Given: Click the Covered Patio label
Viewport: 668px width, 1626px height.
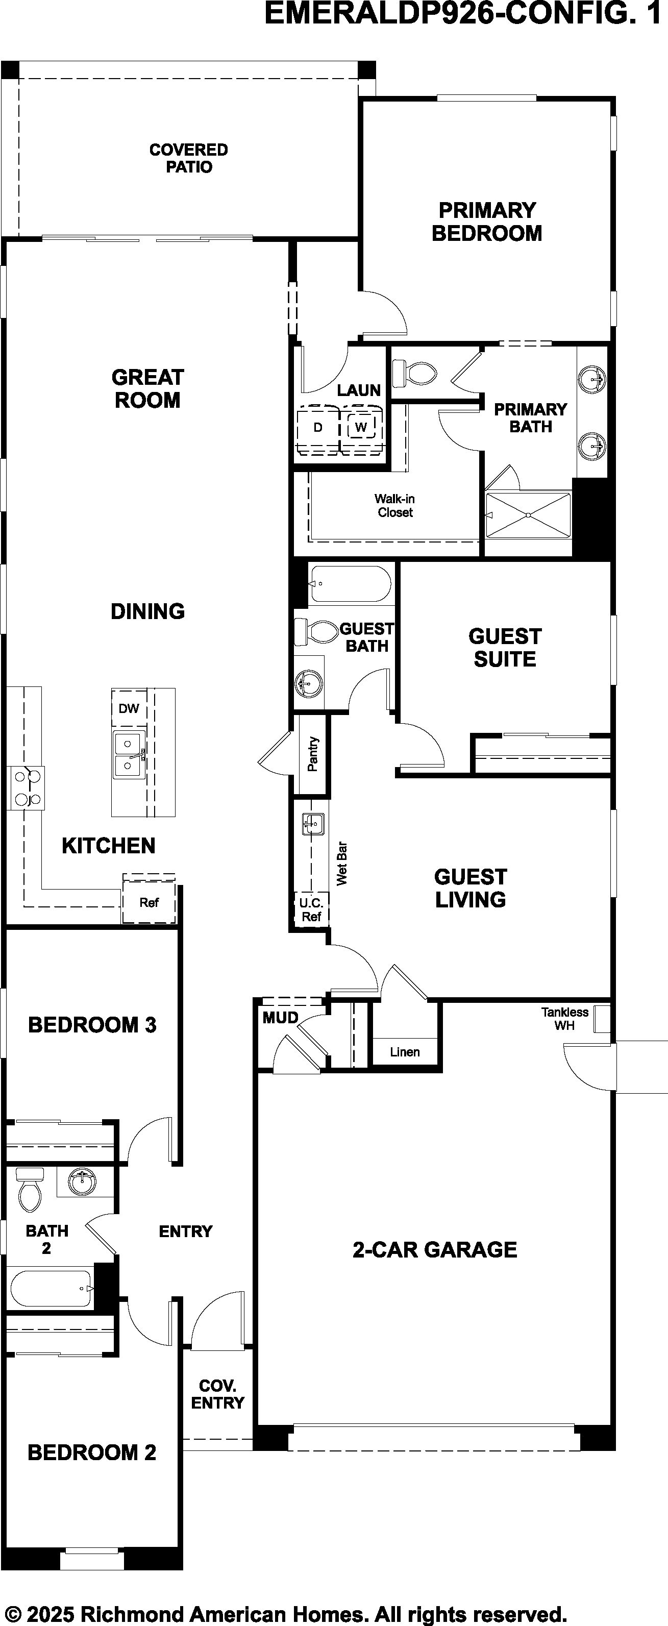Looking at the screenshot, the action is coord(189,158).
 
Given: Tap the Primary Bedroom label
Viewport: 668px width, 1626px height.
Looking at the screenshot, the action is coord(487,221).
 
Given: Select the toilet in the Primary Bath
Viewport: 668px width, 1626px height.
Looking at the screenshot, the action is coord(415,373).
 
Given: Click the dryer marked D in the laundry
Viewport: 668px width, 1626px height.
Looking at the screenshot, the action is coord(318,427).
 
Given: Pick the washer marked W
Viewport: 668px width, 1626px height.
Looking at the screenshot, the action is coord(361,427).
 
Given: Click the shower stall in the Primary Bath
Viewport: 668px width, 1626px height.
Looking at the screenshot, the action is coord(528,515).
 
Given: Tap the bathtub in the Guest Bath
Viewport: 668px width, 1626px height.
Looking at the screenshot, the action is coord(351,584).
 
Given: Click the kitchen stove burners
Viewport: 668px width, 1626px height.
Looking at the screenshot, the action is coord(26,787).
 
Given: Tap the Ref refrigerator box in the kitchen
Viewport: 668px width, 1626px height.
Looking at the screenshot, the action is coord(149,901).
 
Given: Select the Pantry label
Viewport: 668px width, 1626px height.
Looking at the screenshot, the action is coord(312,754).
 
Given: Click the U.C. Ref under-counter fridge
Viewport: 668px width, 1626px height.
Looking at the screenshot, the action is coord(311,909).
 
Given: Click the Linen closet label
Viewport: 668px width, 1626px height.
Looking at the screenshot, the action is coord(405,1052).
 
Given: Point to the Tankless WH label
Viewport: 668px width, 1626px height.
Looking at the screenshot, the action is coord(564,1019).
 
